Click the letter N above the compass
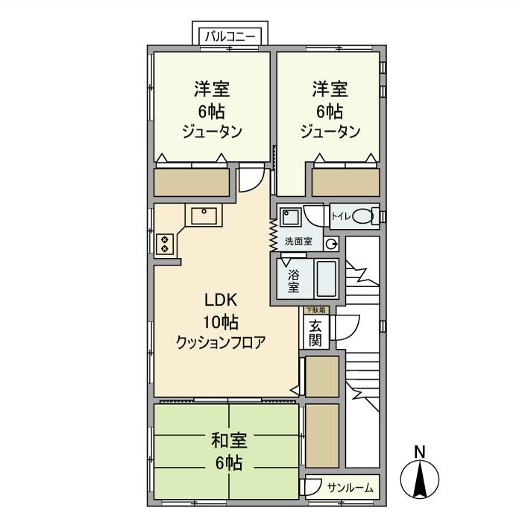tap(420, 451)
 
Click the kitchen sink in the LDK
tap(204, 216)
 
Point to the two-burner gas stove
tap(165, 244)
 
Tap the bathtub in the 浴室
tap(326, 279)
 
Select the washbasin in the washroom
tap(291, 218)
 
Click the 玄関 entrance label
tap(315, 333)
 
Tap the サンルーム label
tap(350, 488)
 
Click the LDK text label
tap(221, 301)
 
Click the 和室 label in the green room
tap(229, 440)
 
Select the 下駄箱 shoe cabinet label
tap(313, 309)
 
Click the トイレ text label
tap(340, 217)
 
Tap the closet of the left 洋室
tap(192, 183)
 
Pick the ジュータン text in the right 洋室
tap(330, 132)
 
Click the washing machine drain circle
tap(331, 243)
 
